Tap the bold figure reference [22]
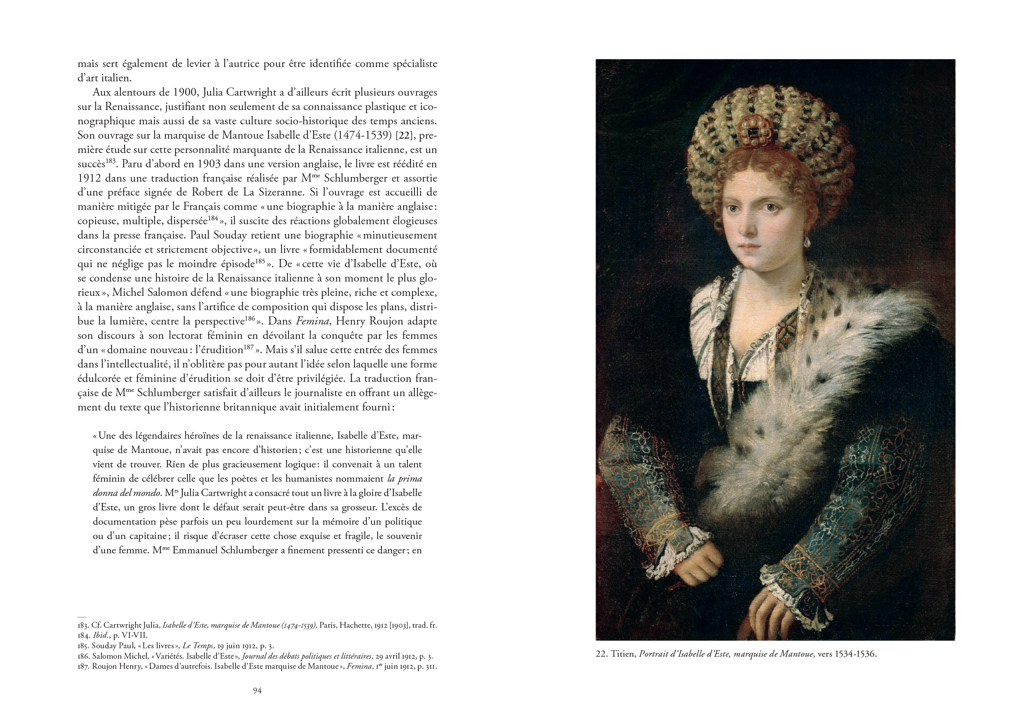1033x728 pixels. [x=406, y=136]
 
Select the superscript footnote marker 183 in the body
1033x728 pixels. [x=111, y=161]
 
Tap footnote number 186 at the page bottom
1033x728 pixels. [x=83, y=656]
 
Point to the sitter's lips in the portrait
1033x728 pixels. [x=749, y=247]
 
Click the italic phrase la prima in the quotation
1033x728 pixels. [x=398, y=479]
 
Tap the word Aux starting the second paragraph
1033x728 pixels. [x=101, y=93]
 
